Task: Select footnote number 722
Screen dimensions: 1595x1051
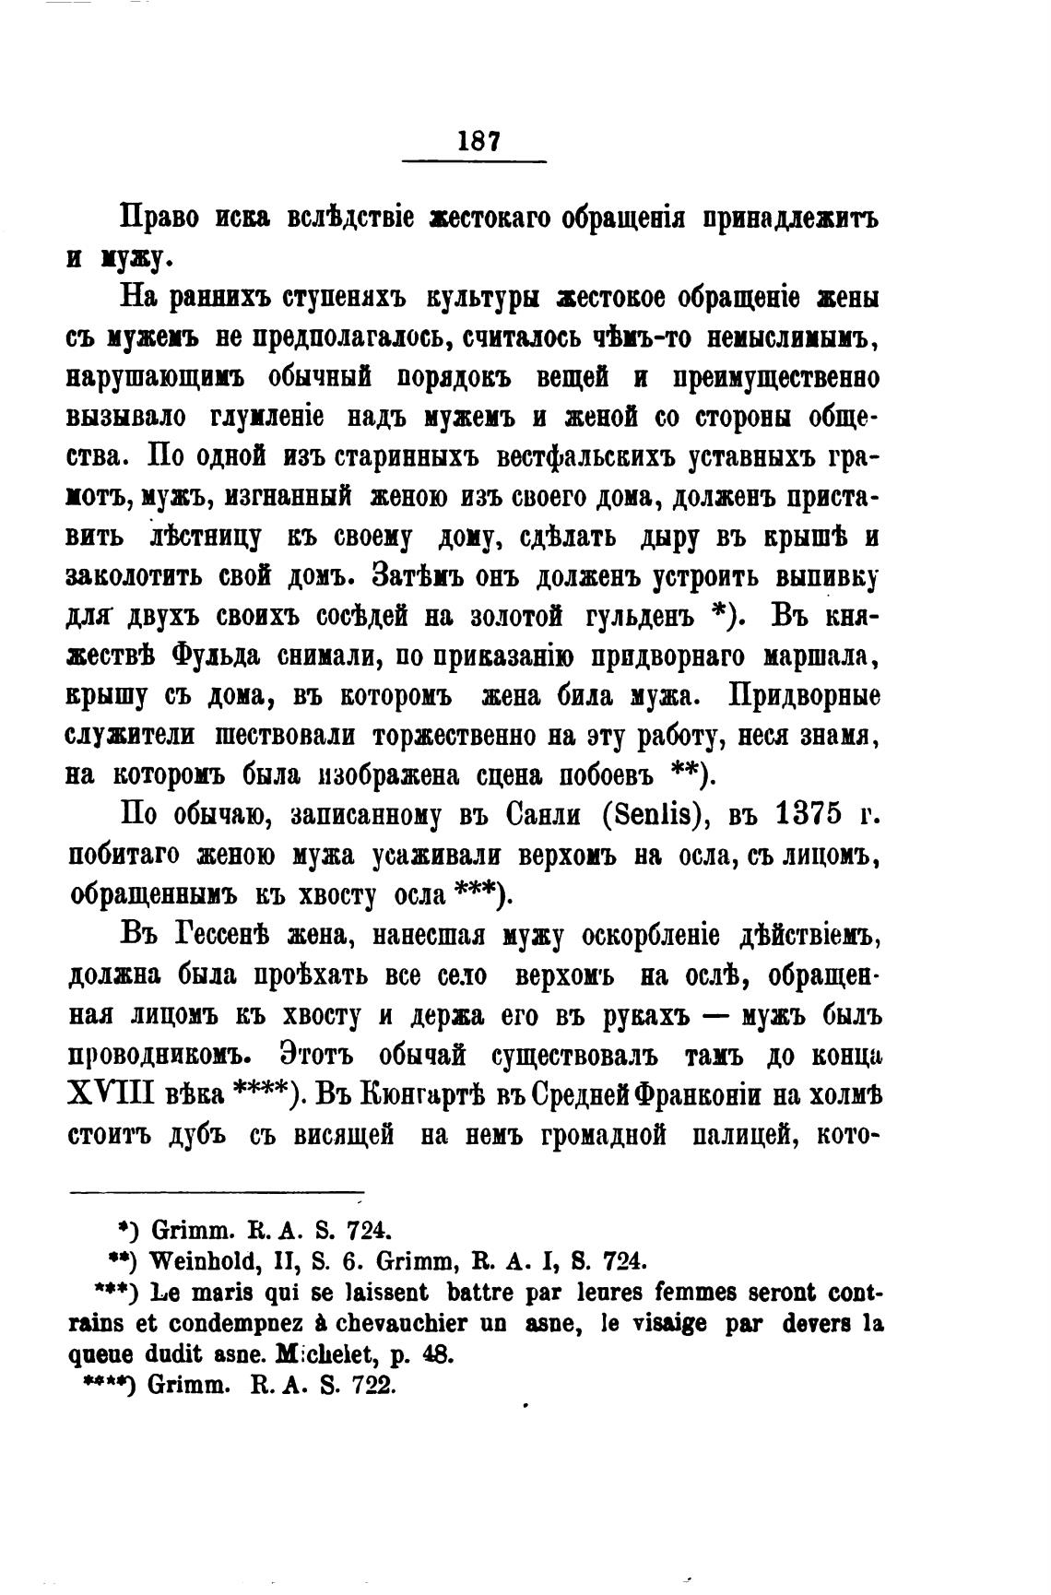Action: (368, 1386)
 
